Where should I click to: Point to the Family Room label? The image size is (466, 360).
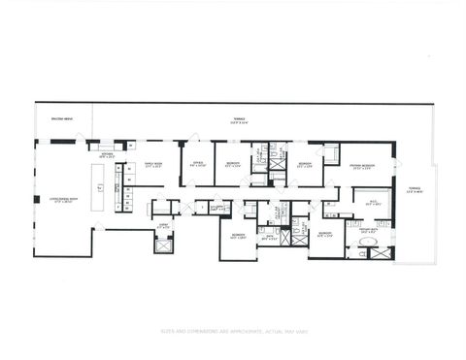[x=152, y=164]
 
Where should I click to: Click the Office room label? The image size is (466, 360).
[x=197, y=164]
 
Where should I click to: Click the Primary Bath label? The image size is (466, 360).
[x=369, y=231]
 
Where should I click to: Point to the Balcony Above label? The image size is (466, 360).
[x=61, y=119]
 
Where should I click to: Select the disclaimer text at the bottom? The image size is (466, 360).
[x=233, y=330]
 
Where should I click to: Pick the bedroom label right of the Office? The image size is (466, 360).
[x=232, y=164]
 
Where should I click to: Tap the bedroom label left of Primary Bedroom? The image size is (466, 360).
[x=304, y=163]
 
